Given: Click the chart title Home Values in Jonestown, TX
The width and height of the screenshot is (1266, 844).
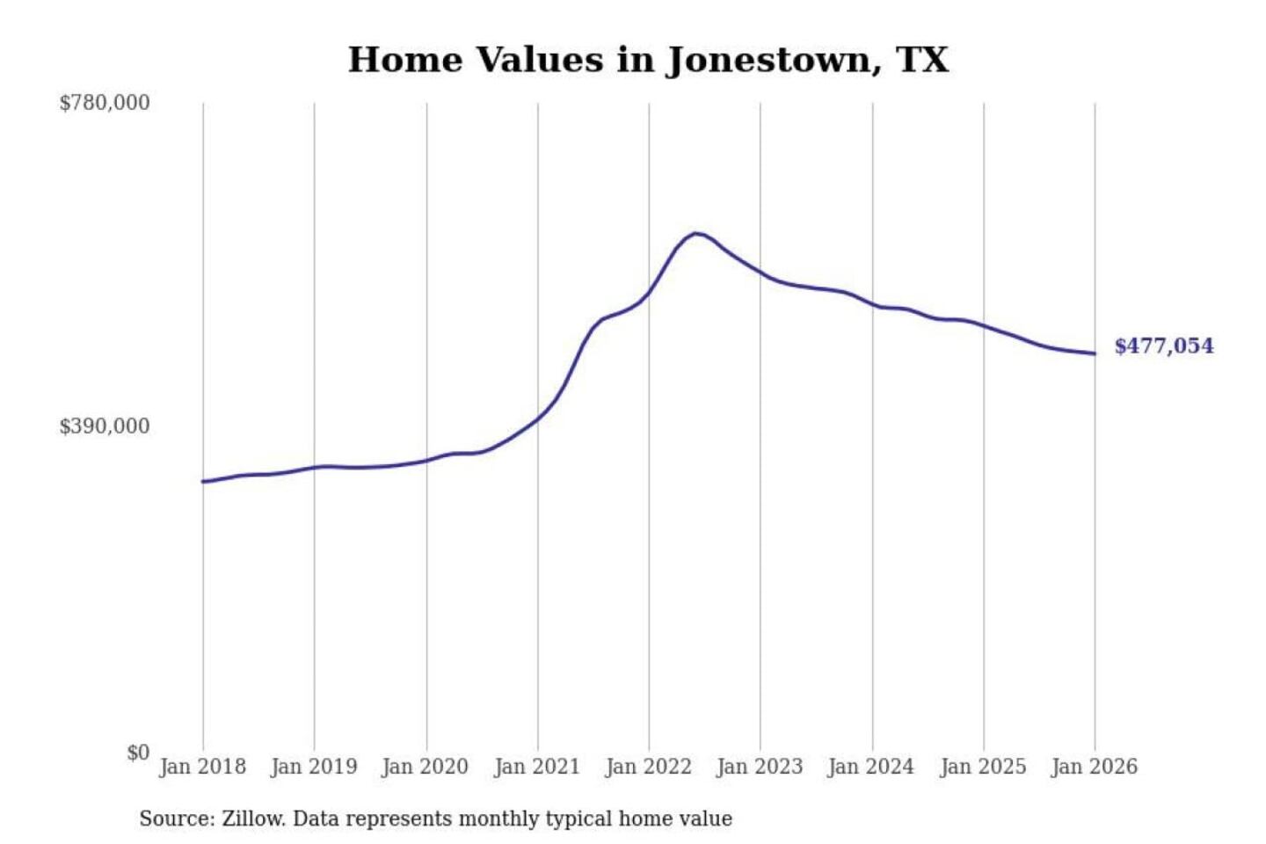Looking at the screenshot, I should [x=648, y=60].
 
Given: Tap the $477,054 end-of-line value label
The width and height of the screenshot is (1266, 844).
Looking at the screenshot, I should [x=1163, y=346].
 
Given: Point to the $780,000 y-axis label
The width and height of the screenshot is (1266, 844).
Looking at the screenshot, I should [x=105, y=103].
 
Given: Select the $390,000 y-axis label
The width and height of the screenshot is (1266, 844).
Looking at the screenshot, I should [x=105, y=426].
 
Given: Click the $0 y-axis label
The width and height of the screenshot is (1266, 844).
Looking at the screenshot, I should [x=138, y=753].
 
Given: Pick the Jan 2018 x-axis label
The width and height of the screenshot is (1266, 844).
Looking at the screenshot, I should [x=202, y=767].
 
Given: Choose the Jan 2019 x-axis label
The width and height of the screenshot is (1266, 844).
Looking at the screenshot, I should [x=314, y=767].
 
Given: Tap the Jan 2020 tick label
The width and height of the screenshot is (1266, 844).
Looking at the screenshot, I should [x=426, y=767].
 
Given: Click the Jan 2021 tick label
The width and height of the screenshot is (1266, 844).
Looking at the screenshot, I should [x=537, y=767].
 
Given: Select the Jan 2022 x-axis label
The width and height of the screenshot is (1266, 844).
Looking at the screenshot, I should [x=649, y=767].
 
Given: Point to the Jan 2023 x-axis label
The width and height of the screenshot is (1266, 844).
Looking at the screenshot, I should [x=760, y=767].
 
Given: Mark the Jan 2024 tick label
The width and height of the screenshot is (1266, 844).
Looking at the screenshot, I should [x=871, y=767].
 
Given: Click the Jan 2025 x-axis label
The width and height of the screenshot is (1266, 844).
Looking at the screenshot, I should [x=983, y=767].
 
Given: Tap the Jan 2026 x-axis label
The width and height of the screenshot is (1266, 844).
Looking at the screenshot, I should [x=1095, y=767].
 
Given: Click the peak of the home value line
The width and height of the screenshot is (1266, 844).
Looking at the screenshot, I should [x=695, y=233].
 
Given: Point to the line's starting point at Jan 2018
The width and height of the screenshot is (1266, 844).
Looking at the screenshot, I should [x=203, y=481].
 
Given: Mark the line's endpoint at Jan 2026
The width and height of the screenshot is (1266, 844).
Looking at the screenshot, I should [x=1095, y=353].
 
